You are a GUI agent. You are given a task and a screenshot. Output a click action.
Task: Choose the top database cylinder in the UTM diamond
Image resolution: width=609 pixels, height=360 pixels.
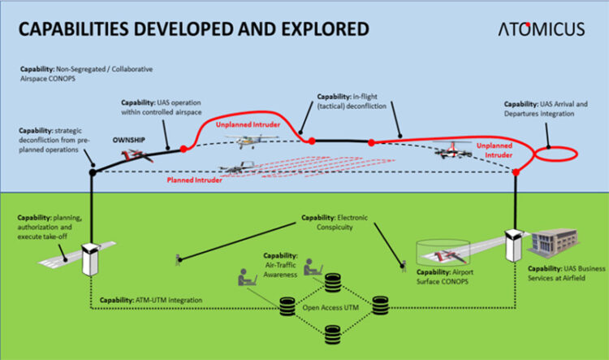[x=331, y=282]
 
